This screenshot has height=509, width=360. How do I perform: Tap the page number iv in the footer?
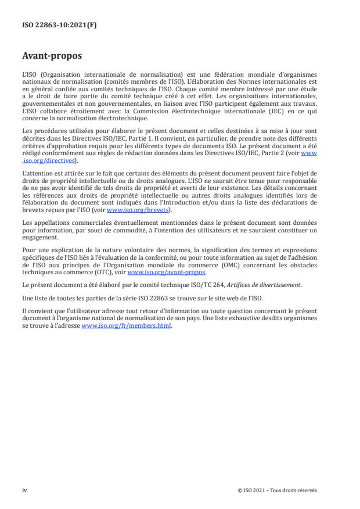(x=24, y=490)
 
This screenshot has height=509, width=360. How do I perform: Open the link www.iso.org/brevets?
(x=129, y=210)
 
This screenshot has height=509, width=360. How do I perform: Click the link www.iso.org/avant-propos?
(x=166, y=271)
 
